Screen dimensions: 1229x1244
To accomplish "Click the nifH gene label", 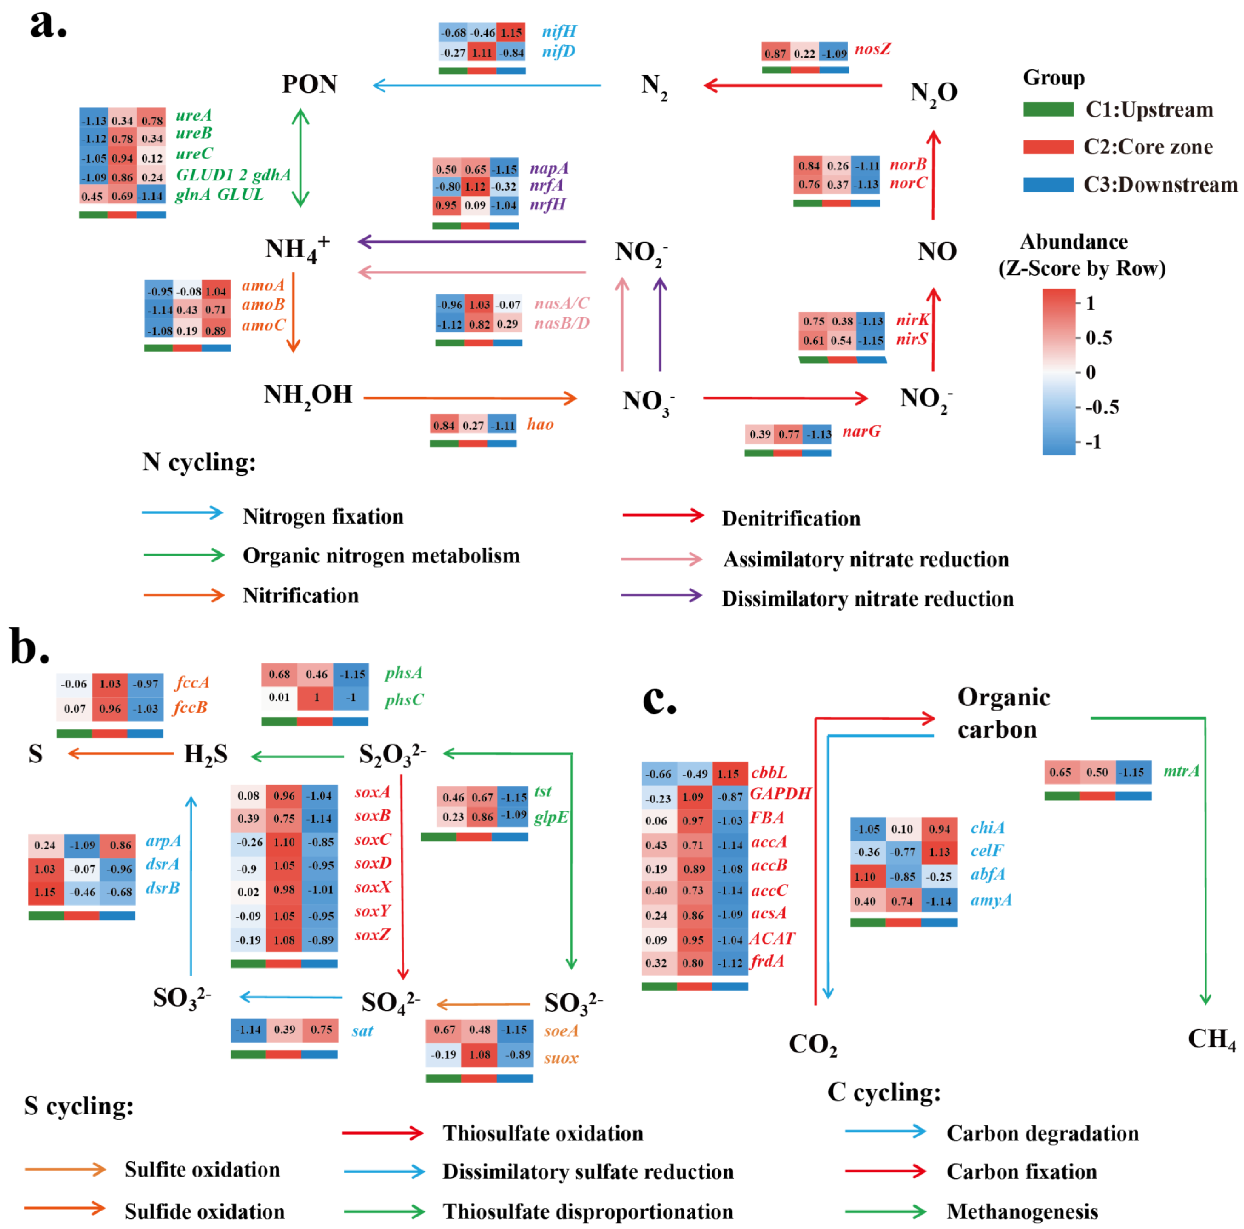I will point(559,31).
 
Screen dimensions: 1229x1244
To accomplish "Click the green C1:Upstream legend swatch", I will point(1048,110).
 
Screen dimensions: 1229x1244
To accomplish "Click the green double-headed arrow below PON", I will point(301,158).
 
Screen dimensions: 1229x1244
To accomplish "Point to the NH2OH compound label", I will point(308,395).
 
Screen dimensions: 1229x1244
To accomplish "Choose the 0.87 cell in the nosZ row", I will point(775,53).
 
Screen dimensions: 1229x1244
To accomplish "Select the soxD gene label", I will point(373,863).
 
